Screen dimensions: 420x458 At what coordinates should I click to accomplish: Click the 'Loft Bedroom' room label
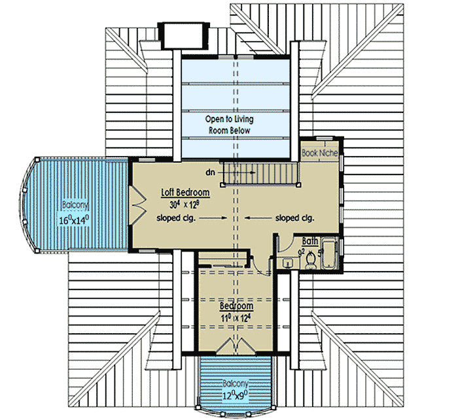[186, 193]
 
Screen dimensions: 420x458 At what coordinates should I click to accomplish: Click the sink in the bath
[289, 263]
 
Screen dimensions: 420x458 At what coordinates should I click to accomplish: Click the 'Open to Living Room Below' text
[229, 125]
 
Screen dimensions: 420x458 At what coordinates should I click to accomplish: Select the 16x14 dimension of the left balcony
[75, 220]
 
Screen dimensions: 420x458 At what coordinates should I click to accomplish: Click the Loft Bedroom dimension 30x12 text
[186, 205]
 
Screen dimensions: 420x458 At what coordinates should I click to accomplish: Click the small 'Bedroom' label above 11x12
[236, 306]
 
